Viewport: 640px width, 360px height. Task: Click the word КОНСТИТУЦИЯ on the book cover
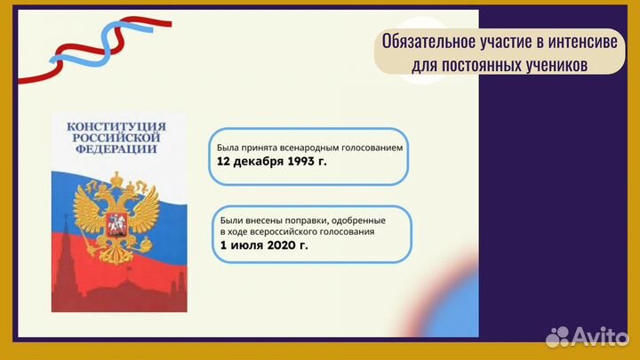coord(118,127)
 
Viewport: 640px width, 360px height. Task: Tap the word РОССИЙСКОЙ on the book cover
coord(118,139)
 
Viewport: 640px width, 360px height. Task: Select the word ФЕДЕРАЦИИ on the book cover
coord(118,150)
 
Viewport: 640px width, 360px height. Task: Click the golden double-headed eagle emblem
coord(115,219)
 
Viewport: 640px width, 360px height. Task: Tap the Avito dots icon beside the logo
coord(557,336)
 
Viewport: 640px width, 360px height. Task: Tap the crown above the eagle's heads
coord(115,180)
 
